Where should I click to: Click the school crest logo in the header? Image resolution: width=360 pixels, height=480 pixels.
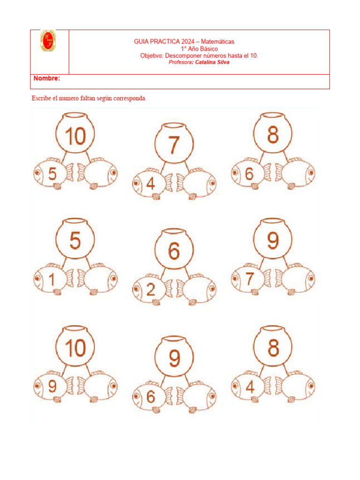(48, 41)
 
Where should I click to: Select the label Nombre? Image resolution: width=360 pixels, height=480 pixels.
(46, 78)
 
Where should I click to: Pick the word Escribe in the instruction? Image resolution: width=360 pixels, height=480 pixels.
(41, 98)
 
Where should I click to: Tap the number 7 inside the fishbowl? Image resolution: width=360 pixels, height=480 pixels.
(173, 145)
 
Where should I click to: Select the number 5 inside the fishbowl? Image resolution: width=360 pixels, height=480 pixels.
(75, 241)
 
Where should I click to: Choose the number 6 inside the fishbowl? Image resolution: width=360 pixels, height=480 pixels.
(173, 252)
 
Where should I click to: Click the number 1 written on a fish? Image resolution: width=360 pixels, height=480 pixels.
(52, 280)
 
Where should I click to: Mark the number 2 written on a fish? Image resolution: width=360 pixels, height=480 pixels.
(150, 290)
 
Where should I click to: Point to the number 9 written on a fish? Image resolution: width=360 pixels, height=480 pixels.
(52, 386)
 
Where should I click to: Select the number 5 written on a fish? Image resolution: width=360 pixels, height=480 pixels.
(52, 174)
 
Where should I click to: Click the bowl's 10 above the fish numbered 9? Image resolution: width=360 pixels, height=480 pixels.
(75, 348)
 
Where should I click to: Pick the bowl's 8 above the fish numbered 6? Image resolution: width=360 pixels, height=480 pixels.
(273, 135)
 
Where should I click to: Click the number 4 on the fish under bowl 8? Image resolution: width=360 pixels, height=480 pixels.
(249, 387)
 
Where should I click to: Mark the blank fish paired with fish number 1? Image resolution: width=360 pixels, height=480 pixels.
(98, 280)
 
